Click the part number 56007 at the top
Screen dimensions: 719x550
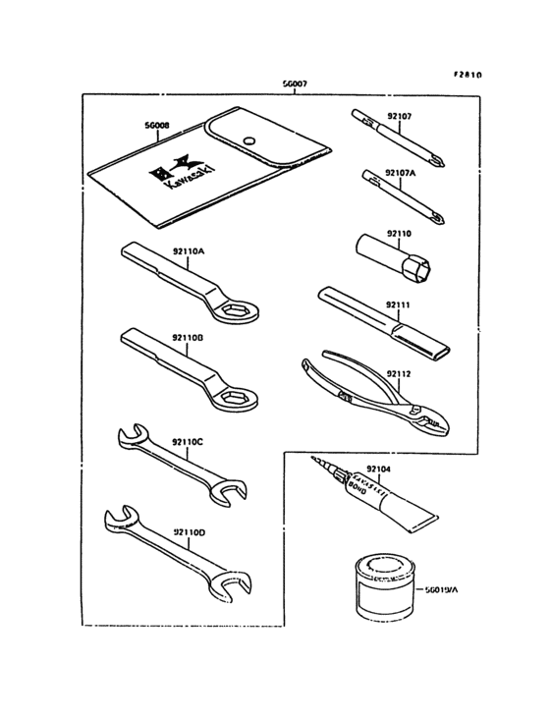pyautogui.click(x=295, y=84)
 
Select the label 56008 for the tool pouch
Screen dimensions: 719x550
pyautogui.click(x=156, y=126)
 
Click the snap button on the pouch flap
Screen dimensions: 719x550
pyautogui.click(x=252, y=139)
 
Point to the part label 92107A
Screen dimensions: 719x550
pyautogui.click(x=402, y=173)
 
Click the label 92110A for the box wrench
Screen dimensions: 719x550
pyautogui.click(x=189, y=251)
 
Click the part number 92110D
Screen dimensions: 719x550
pyautogui.click(x=189, y=531)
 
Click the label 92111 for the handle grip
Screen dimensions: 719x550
pyautogui.click(x=399, y=305)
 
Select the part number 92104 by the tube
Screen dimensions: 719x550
pyautogui.click(x=378, y=470)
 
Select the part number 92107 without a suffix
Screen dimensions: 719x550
pyautogui.click(x=399, y=116)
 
